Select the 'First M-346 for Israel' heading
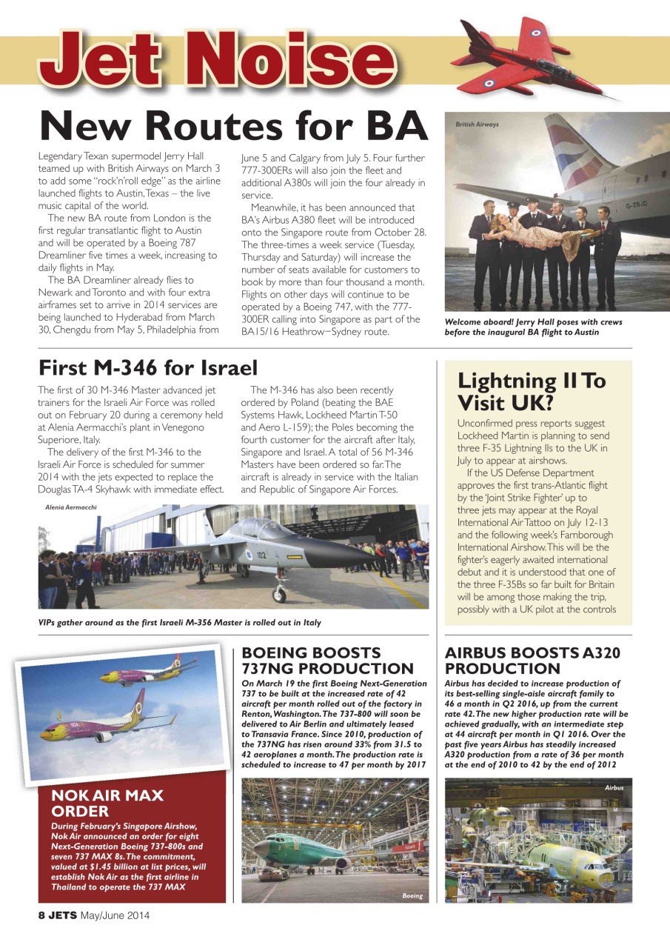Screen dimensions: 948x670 click(148, 367)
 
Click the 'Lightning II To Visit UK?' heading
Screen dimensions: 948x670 click(532, 391)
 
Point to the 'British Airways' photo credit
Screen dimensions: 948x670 click(477, 124)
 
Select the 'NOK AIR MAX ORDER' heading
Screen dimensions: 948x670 click(107, 803)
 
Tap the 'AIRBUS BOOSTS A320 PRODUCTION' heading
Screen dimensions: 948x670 click(532, 661)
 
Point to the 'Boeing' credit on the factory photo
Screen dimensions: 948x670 click(412, 895)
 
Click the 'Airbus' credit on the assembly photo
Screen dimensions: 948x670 click(614, 788)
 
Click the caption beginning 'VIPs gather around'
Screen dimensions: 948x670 click(180, 622)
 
